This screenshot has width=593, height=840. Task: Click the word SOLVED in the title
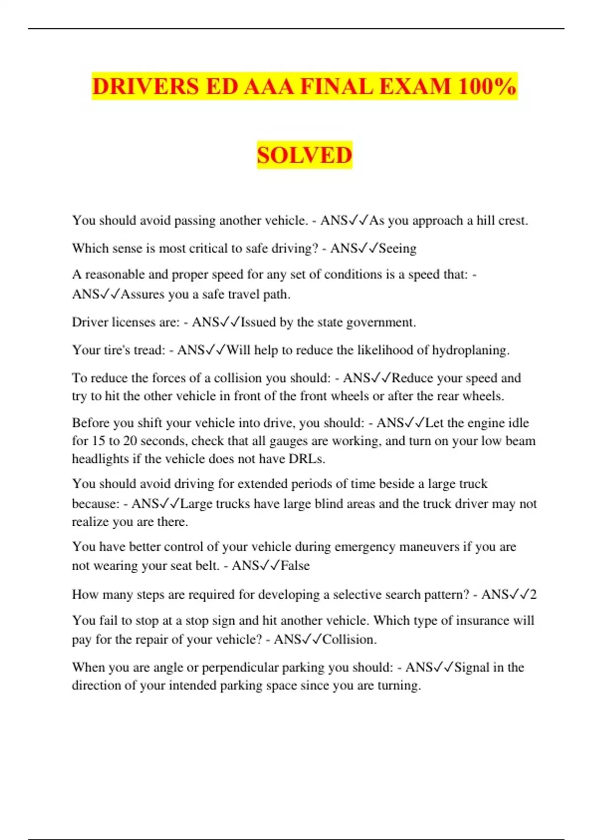point(304,155)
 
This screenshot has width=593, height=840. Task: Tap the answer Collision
point(349,639)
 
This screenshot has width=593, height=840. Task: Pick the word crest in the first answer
point(513,220)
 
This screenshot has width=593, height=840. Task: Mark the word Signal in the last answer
point(471,668)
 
